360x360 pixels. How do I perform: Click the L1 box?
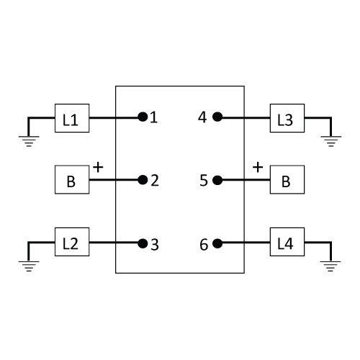point(72,118)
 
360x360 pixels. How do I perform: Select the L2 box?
point(72,242)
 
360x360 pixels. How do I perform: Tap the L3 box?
point(287,118)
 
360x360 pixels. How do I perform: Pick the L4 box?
point(287,242)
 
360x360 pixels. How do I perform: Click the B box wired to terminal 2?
point(72,179)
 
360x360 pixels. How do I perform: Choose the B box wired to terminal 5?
point(287,179)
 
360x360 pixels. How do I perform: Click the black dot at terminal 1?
point(143,117)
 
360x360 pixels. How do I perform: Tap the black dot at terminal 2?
point(143,180)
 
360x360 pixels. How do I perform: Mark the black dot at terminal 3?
point(143,243)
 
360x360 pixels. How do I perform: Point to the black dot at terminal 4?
point(217,117)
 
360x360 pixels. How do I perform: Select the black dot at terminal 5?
point(217,180)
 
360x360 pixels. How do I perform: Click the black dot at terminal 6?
point(217,243)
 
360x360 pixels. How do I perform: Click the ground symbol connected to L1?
point(29,141)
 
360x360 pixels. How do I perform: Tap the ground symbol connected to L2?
point(29,266)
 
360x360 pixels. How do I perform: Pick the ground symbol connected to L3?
point(331,141)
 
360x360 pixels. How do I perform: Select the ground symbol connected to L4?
point(330,266)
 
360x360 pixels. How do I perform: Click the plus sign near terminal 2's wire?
point(98,167)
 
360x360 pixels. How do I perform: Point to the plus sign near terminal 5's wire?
point(258,167)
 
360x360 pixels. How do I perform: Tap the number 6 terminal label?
point(204,245)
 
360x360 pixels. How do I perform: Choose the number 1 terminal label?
point(153,117)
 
